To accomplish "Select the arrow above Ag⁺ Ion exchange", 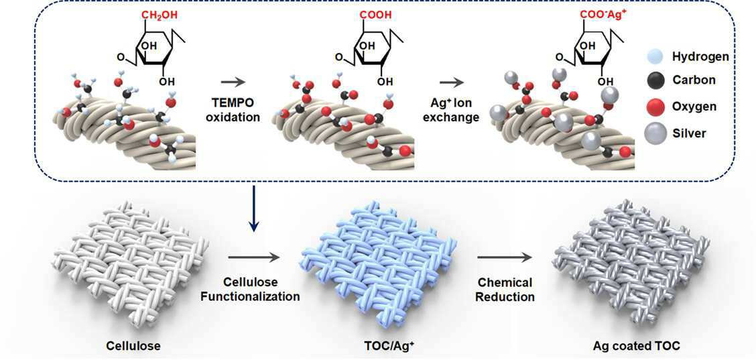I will (x=456, y=82).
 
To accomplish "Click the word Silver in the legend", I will (x=691, y=133).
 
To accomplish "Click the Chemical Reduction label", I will (x=505, y=289).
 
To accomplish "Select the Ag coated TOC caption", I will (x=637, y=346).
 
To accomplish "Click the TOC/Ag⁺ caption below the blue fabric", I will (x=379, y=346).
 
